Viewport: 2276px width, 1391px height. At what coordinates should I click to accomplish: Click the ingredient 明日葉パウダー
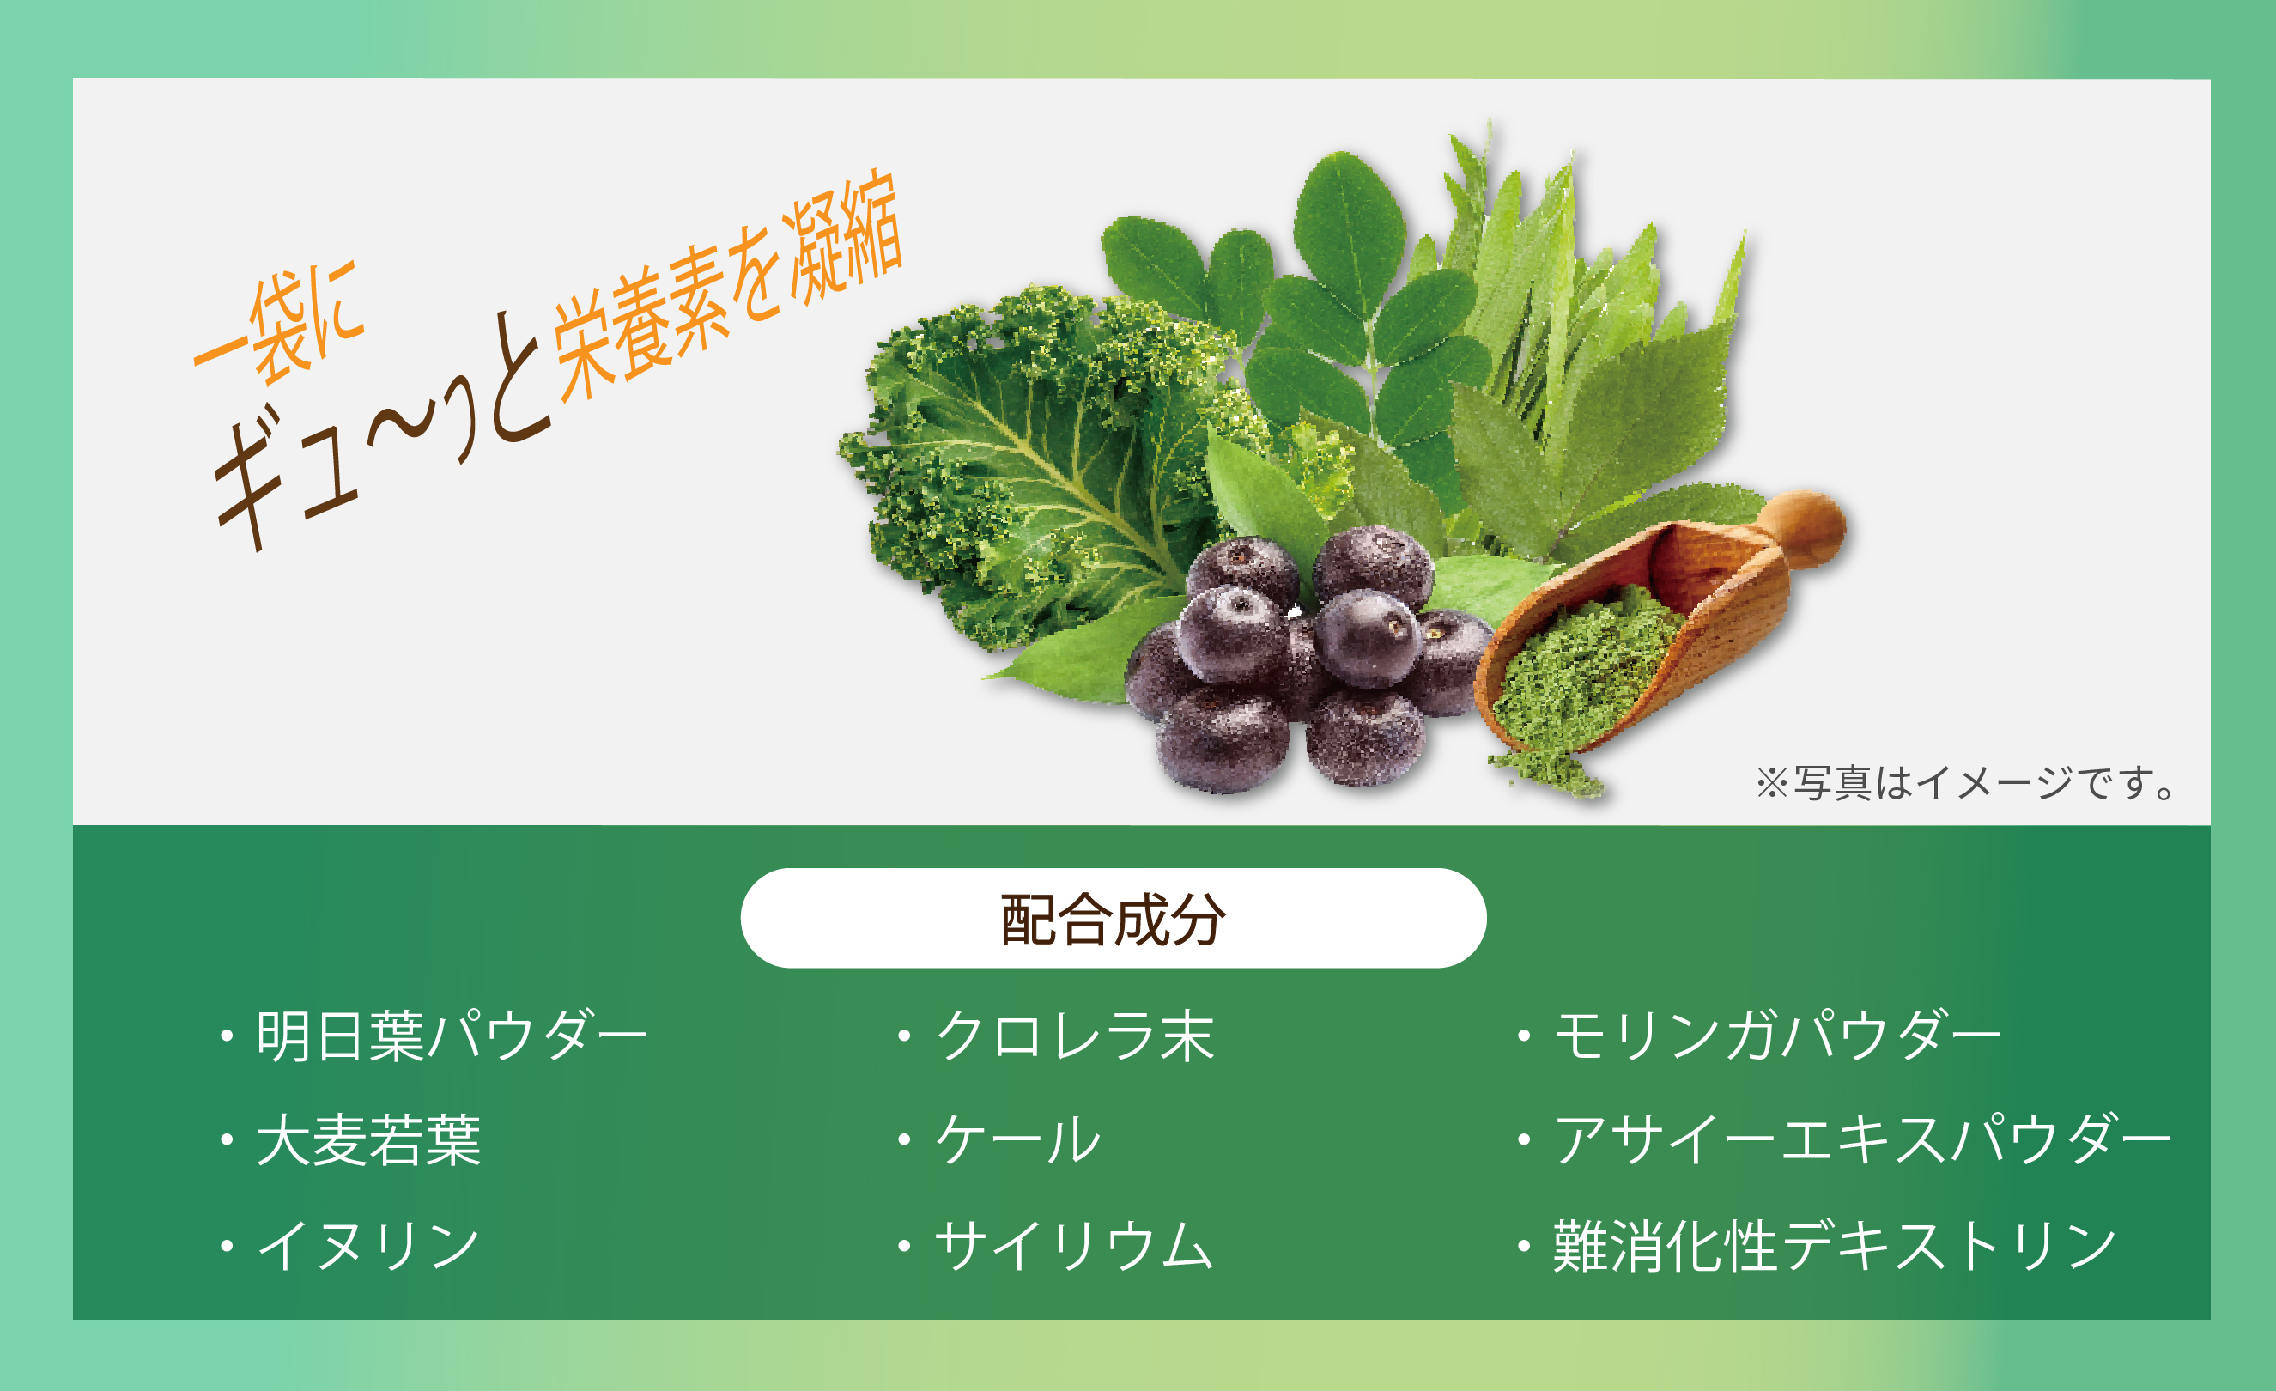pyautogui.click(x=452, y=1036)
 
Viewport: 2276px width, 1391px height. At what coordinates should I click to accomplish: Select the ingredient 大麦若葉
pyautogui.click(x=368, y=1140)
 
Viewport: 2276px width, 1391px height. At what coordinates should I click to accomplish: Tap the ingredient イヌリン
pyautogui.click(x=368, y=1245)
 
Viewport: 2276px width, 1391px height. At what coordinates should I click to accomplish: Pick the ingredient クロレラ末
pyautogui.click(x=1075, y=1036)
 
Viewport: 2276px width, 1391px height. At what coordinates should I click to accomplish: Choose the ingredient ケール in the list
pyautogui.click(x=1018, y=1140)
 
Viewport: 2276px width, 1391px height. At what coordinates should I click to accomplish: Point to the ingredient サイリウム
pyautogui.click(x=1073, y=1245)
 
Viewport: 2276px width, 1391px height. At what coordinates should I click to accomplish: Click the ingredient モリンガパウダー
pyautogui.click(x=1776, y=1036)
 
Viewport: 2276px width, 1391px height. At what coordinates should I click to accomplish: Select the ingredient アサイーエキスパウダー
pyautogui.click(x=1861, y=1140)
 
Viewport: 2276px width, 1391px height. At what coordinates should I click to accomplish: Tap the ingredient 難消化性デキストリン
pyautogui.click(x=1835, y=1245)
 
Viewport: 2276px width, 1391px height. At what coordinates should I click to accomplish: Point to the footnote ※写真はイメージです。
pyautogui.click(x=1966, y=783)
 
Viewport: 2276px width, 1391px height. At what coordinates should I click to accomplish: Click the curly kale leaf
pyautogui.click(x=1044, y=462)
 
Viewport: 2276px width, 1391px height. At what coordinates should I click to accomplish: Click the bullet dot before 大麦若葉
pyautogui.click(x=227, y=1140)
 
